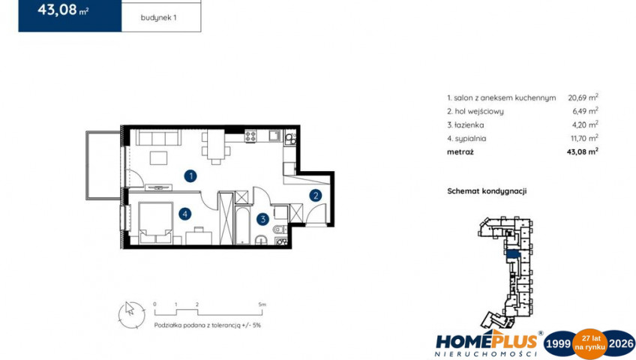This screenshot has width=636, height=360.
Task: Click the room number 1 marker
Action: pyautogui.click(x=190, y=176)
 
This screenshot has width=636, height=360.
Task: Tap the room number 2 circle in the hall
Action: pyautogui.click(x=316, y=196)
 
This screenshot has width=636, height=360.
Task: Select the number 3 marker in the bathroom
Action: pyautogui.click(x=262, y=219)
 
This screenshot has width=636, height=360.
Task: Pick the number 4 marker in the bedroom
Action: pyautogui.click(x=185, y=214)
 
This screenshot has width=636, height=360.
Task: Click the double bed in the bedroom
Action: pyautogui.click(x=155, y=223)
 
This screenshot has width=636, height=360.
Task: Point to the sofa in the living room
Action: pyautogui.click(x=158, y=137)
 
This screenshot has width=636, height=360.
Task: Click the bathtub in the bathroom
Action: pyautogui.click(x=242, y=226)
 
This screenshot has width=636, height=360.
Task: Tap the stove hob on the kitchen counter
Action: pyautogui.click(x=250, y=136)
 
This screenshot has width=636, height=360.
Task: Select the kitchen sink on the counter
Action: pyautogui.click(x=274, y=136)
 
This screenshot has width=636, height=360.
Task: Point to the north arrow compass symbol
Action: pyautogui.click(x=131, y=315)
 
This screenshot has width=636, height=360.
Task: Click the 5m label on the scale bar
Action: pyautogui.click(x=262, y=304)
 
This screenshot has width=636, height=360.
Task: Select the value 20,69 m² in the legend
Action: pyautogui.click(x=583, y=97)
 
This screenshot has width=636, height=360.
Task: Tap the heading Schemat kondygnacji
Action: pyautogui.click(x=487, y=191)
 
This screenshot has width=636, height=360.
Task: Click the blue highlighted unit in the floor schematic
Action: pyautogui.click(x=513, y=254)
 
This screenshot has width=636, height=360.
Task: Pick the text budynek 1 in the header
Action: pyautogui.click(x=158, y=18)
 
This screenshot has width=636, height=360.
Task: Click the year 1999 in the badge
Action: pyautogui.click(x=558, y=343)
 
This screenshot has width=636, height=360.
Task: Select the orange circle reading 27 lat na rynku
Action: pyautogui.click(x=589, y=343)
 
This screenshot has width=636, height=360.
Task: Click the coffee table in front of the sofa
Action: pyautogui.click(x=158, y=157)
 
